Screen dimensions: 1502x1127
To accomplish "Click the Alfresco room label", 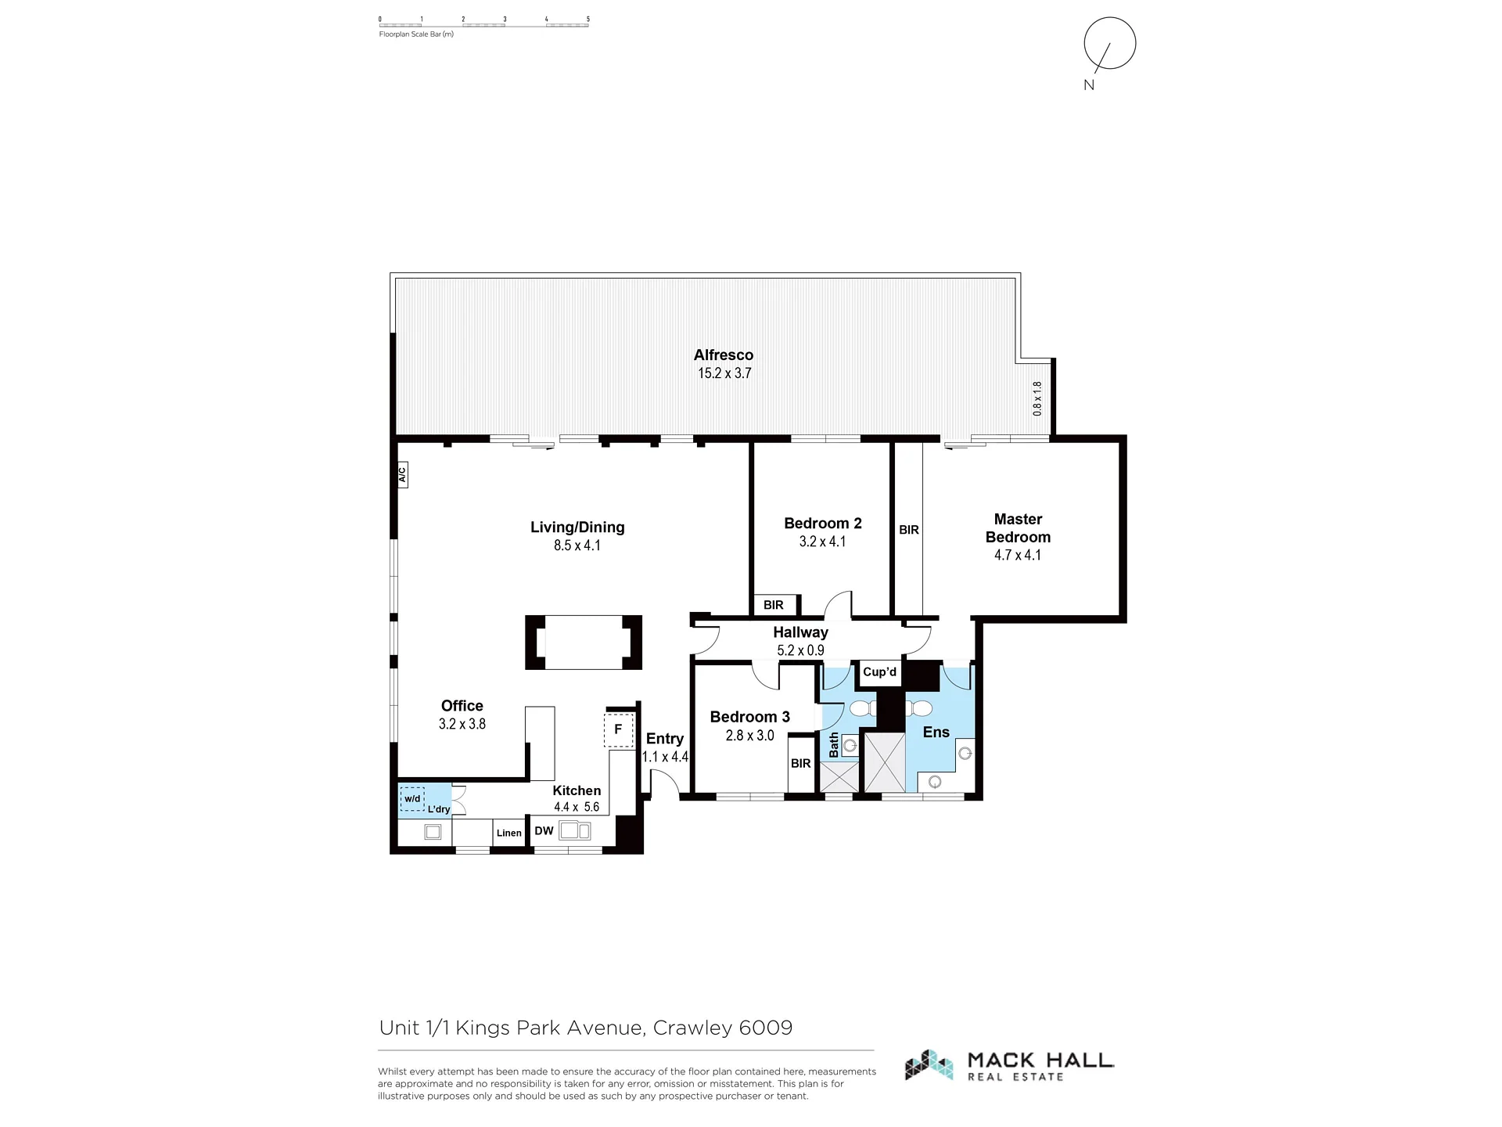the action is tap(724, 355).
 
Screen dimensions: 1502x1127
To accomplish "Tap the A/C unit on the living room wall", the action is tap(402, 474).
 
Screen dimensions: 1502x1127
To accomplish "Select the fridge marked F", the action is tap(619, 729).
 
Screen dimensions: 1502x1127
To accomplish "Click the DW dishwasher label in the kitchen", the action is tap(544, 831).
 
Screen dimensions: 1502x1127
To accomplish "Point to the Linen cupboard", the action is tap(508, 833).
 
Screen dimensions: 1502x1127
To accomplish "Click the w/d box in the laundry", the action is tap(412, 799).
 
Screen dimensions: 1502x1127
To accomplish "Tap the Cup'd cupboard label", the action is tap(879, 672).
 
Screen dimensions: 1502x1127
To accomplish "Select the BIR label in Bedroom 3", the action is tap(800, 764).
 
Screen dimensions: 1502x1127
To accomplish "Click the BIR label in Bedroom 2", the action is tap(774, 605).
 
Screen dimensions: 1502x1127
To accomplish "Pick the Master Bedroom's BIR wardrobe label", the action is tap(909, 530).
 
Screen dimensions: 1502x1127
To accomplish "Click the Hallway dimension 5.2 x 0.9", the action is tap(800, 650).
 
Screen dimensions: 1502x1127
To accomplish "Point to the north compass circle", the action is tap(1109, 44).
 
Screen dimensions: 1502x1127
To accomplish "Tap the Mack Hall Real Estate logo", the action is tap(1009, 1065).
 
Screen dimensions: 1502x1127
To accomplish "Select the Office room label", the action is tap(462, 706).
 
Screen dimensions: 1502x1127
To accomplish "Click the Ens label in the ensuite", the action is tap(936, 733).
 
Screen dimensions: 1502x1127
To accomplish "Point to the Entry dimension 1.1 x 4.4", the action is tap(665, 757).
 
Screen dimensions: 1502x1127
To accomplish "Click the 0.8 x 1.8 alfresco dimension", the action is tap(1037, 398).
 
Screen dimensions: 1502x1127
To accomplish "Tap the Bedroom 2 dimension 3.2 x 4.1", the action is tap(822, 542).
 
